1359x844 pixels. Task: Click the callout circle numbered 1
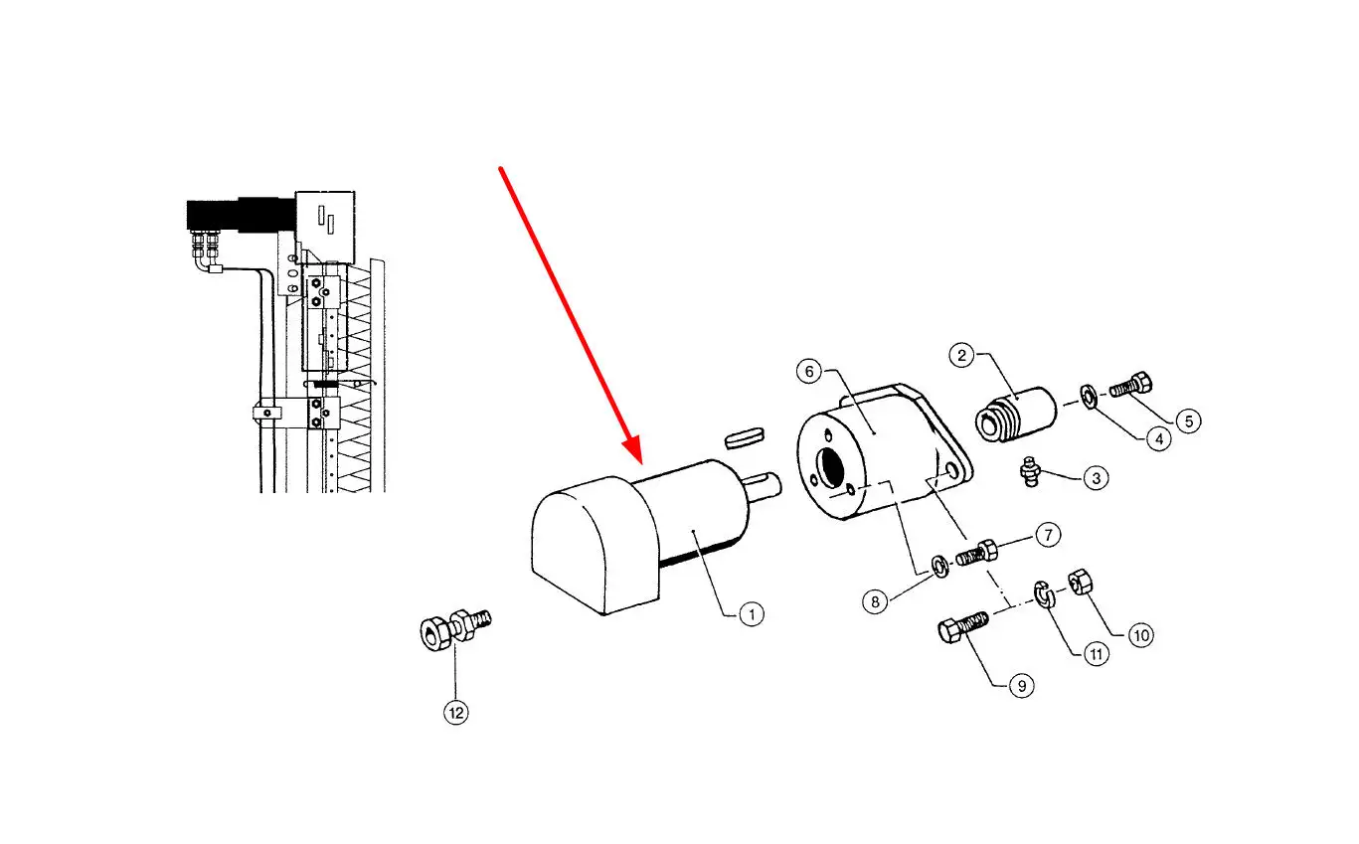click(x=752, y=614)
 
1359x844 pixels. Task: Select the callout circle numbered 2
click(x=960, y=354)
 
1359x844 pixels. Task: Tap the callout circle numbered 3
click(x=1095, y=478)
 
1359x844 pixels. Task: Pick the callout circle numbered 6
click(x=808, y=371)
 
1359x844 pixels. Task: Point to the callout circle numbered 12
click(x=455, y=712)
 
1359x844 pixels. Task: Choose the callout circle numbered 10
click(x=1140, y=634)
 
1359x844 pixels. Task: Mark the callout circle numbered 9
click(x=1020, y=685)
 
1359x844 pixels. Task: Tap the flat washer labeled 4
click(x=1089, y=398)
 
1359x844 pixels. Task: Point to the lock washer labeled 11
click(x=1044, y=593)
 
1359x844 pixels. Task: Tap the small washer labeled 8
click(x=937, y=568)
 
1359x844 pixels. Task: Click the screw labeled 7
click(x=976, y=552)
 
